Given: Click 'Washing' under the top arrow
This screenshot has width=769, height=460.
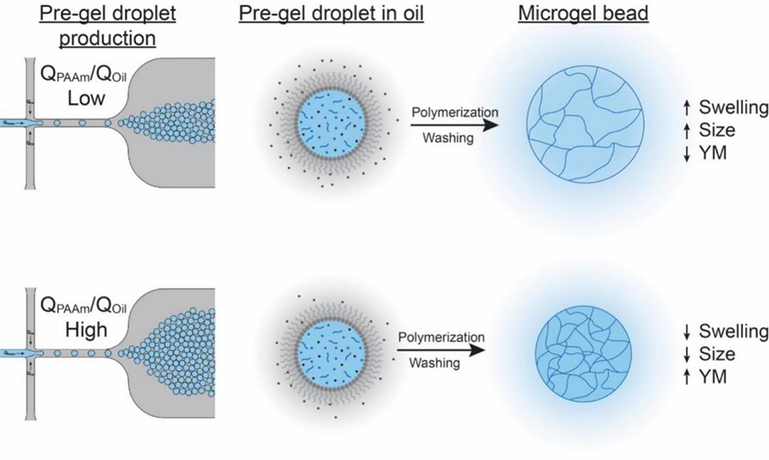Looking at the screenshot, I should [x=448, y=139].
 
